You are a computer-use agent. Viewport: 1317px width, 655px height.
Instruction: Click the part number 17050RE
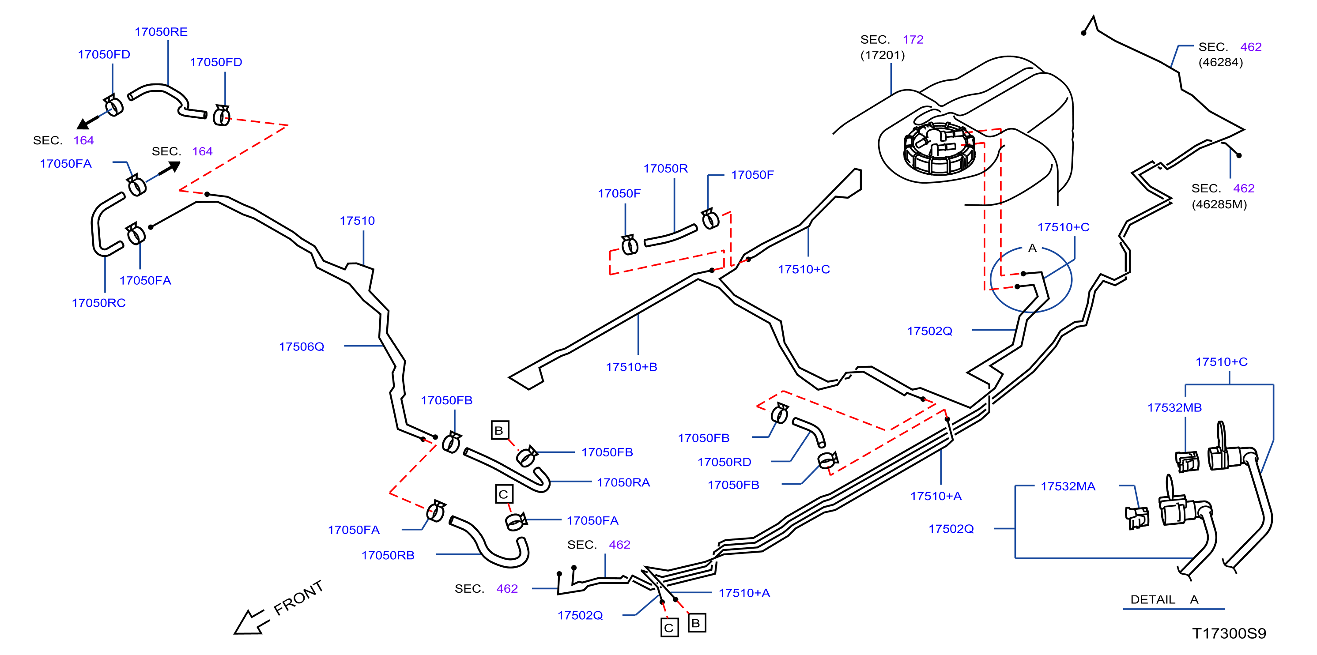click(161, 32)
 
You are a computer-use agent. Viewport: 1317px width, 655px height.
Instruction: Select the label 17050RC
click(98, 303)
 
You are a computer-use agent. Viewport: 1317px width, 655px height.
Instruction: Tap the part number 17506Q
click(302, 347)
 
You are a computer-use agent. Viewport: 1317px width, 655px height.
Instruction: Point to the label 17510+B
click(631, 367)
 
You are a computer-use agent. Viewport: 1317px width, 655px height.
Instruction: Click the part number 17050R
click(666, 169)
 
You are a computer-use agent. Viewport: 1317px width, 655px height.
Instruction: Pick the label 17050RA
click(623, 483)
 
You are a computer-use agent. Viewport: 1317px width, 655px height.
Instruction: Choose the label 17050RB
click(388, 555)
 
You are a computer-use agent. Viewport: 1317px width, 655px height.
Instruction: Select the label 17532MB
click(1174, 408)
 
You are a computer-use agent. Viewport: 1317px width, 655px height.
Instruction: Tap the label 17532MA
click(1068, 486)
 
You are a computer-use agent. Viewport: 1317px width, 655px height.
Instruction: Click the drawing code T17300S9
click(1229, 633)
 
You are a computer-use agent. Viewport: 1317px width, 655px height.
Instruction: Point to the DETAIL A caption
click(1164, 600)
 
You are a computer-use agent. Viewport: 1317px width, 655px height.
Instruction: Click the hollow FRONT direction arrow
click(251, 622)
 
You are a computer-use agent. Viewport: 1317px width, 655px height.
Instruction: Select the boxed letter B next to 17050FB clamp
click(499, 430)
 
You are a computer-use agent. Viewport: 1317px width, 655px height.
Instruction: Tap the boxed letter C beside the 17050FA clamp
click(504, 494)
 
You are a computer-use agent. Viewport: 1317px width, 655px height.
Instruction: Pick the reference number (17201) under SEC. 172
click(883, 55)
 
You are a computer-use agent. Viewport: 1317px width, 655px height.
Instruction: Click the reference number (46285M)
click(1219, 204)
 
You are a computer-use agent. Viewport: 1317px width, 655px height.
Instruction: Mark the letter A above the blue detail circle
click(1032, 248)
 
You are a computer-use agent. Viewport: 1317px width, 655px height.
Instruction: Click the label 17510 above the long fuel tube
click(357, 221)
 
